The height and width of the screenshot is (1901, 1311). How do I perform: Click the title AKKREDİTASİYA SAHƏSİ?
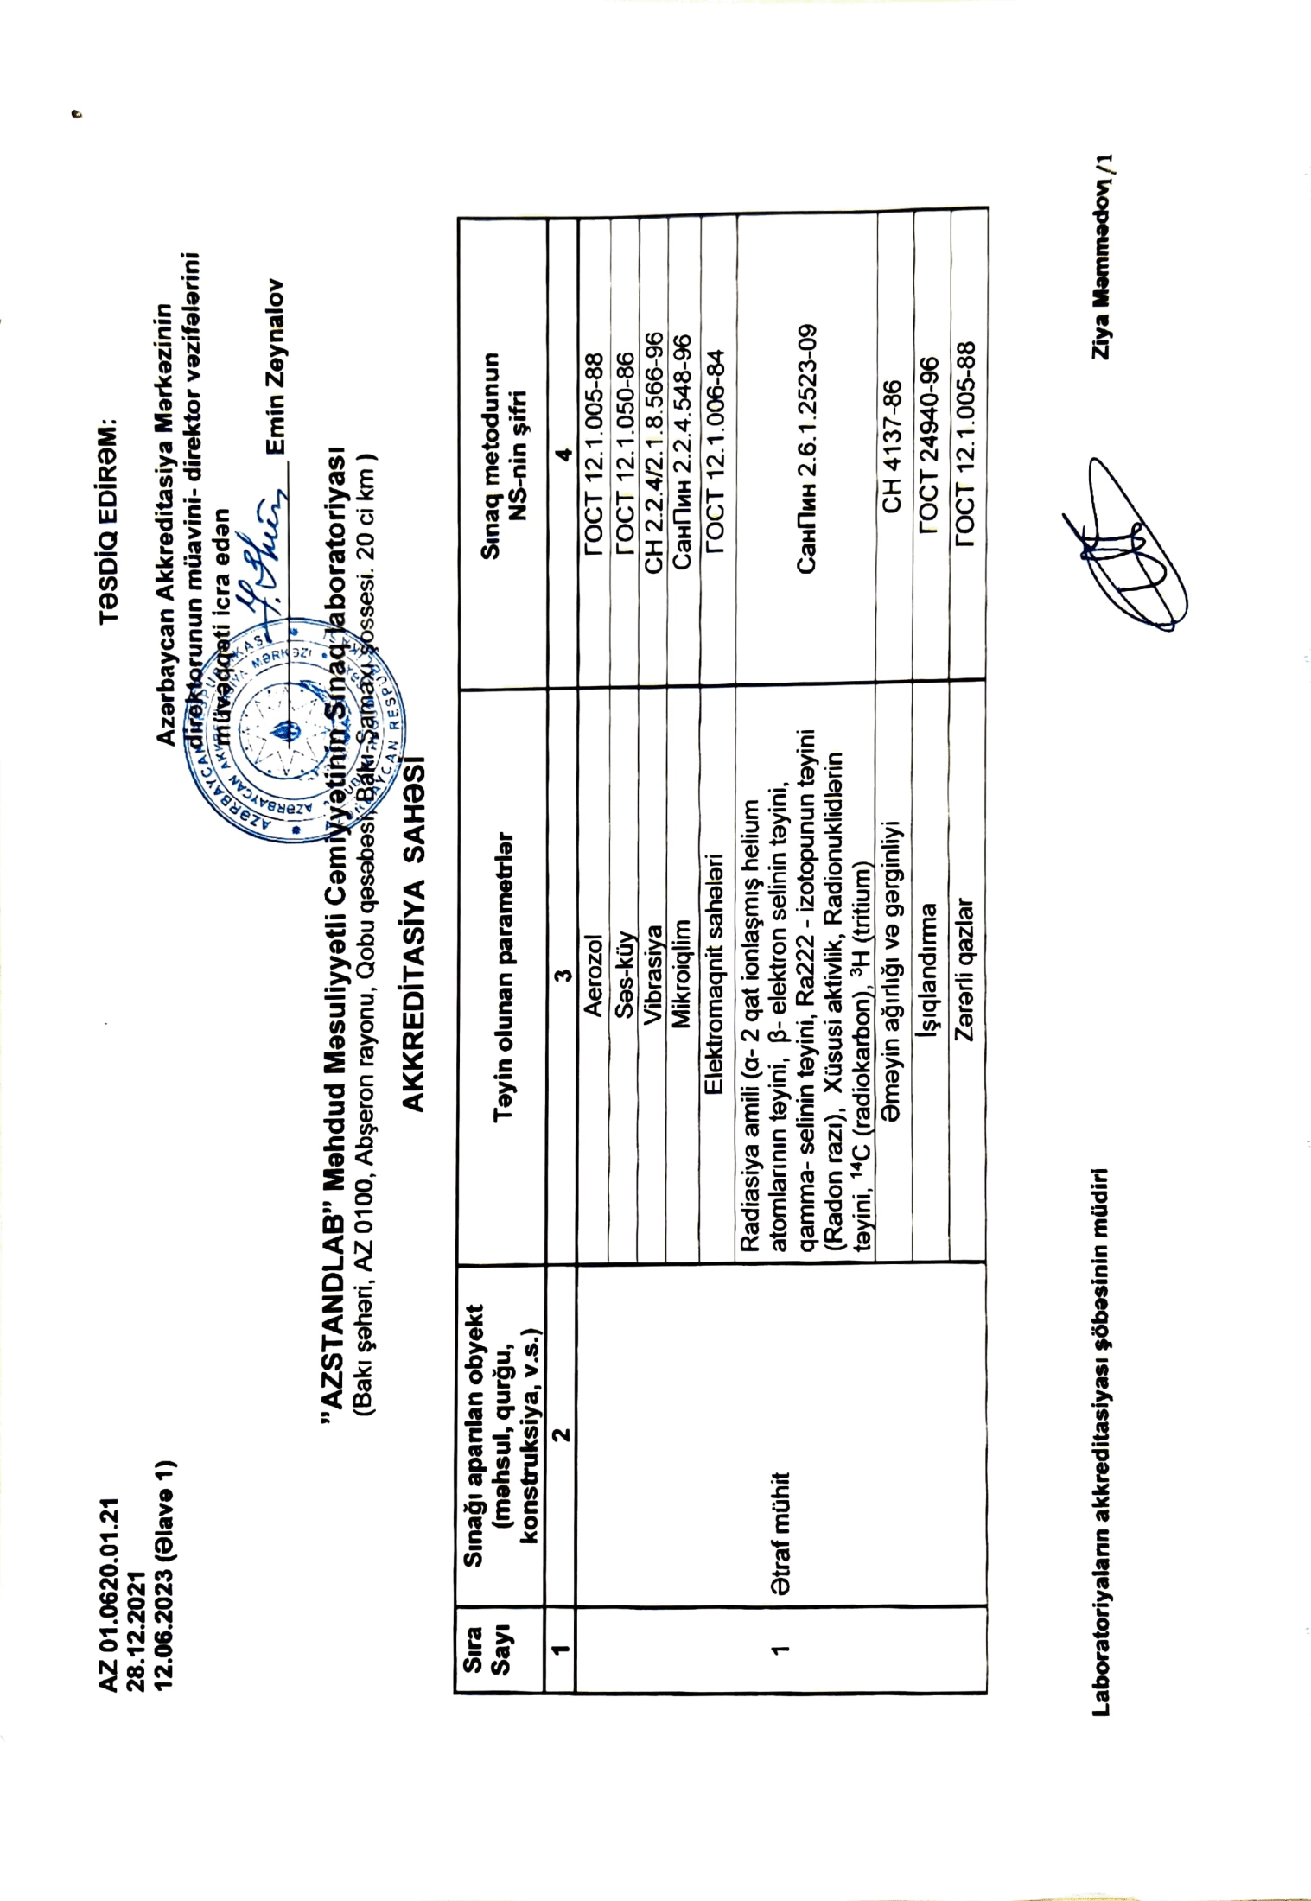tap(413, 931)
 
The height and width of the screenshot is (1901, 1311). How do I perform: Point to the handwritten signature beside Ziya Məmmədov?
tap(1123, 549)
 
